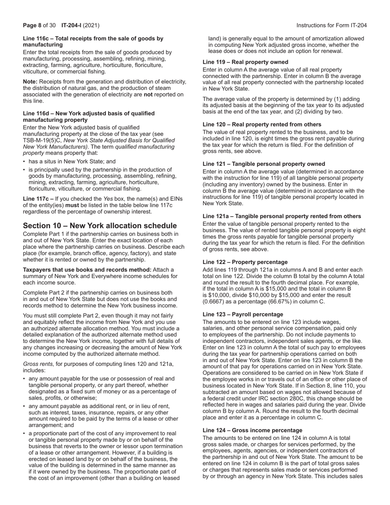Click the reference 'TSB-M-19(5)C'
(x=43, y=140)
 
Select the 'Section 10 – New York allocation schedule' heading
(x=100, y=226)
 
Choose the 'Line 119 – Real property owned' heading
(x=245, y=62)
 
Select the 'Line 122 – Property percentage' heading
(x=245, y=262)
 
